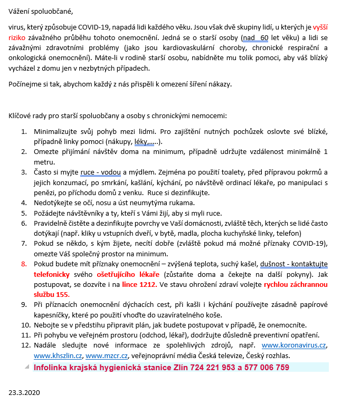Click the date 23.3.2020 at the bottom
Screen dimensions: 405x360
(x=24, y=392)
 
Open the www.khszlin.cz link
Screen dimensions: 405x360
(x=55, y=356)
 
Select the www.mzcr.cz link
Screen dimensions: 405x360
(x=103, y=356)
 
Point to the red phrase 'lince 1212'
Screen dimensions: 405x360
(x=139, y=284)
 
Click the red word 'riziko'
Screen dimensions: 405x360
(x=21, y=38)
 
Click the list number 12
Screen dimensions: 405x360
(x=24, y=345)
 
